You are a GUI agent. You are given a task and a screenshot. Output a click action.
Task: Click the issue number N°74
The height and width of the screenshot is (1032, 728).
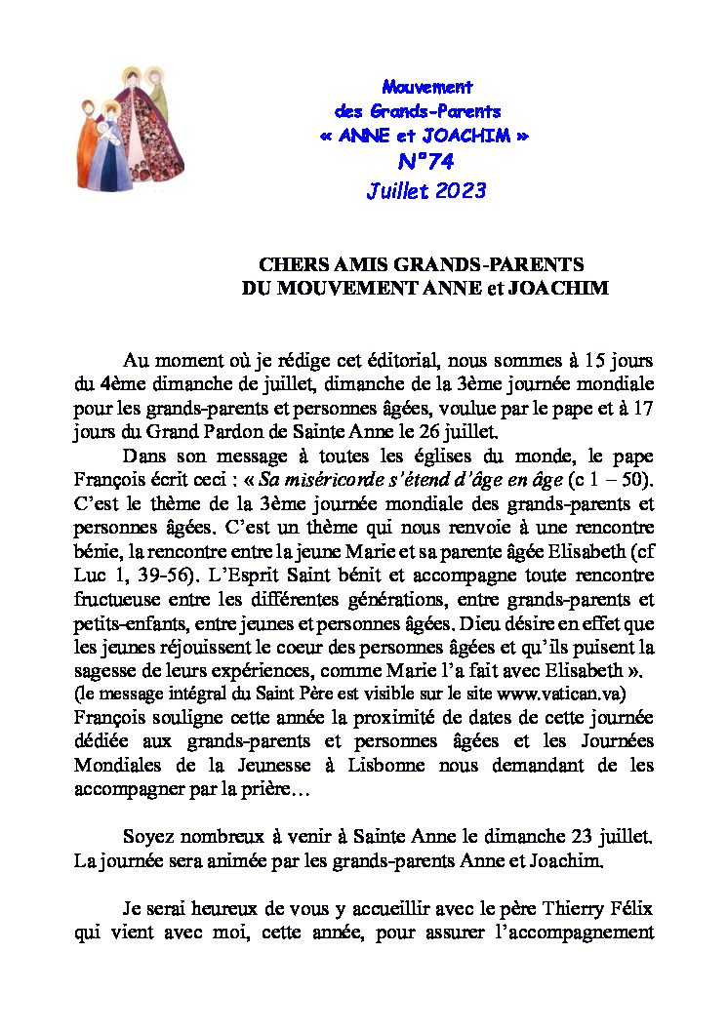[x=425, y=162]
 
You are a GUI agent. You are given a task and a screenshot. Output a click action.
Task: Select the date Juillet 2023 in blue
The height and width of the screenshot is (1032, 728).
[x=425, y=190]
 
